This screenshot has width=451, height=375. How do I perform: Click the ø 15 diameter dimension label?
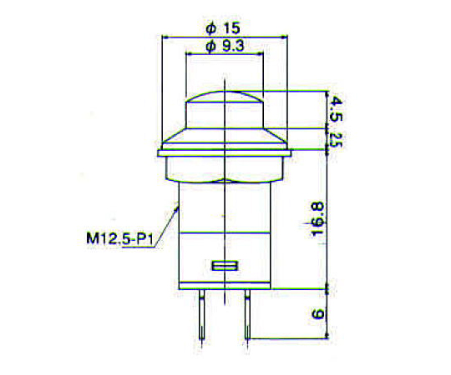[222, 28]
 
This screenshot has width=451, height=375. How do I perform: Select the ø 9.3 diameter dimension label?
[225, 46]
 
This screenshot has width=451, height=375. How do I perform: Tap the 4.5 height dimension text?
[336, 109]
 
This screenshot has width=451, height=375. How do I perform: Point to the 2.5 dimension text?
[335, 139]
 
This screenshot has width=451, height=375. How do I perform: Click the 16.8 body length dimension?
[318, 219]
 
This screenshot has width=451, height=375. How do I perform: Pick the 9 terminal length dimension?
[318, 314]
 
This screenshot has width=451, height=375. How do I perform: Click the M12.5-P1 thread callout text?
[119, 238]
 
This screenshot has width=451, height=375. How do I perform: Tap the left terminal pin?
[202, 317]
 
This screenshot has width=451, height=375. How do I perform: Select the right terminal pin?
[246, 317]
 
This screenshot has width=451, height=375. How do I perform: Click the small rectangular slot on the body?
[225, 266]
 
